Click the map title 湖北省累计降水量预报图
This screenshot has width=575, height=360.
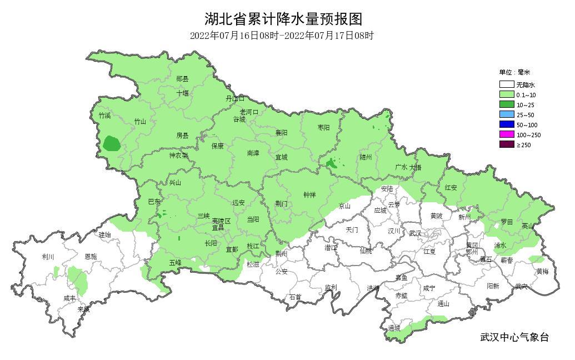(283, 19)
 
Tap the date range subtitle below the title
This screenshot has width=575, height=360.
(282, 36)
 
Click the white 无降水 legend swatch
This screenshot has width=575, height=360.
(506, 85)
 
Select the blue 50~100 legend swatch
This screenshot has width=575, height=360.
(506, 124)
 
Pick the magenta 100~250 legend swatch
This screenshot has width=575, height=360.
(506, 134)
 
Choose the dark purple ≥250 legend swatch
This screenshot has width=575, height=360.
(506, 144)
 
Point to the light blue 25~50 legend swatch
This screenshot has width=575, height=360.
(506, 114)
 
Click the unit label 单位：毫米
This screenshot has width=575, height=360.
(514, 72)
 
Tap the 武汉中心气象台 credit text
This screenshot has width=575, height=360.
(514, 337)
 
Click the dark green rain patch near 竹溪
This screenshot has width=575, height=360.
(112, 144)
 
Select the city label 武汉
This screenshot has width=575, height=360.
(415, 233)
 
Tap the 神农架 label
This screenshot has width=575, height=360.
(179, 156)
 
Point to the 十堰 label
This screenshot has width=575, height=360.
(183, 93)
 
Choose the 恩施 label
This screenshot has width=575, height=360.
(90, 257)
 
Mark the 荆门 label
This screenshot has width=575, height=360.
(282, 203)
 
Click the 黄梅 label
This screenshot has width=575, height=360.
(542, 272)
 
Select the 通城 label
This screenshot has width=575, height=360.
(394, 328)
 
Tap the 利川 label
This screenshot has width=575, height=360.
(48, 257)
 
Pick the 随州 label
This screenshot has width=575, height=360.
(365, 157)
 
